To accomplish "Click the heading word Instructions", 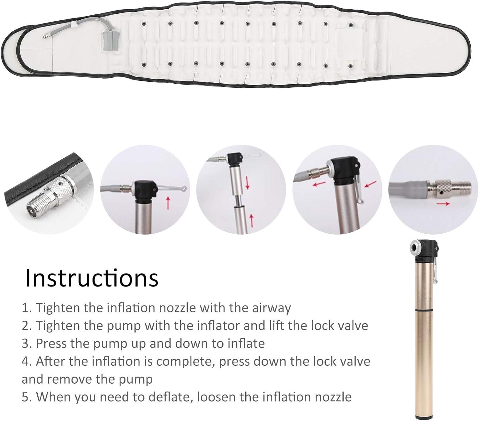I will (x=92, y=278).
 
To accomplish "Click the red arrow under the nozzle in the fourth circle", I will (x=319, y=184).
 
